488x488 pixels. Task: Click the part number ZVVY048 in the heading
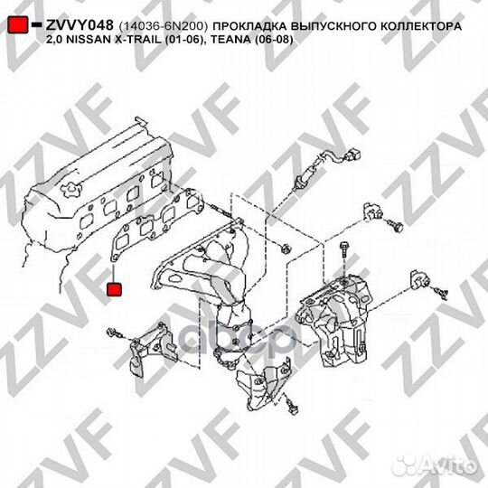(80, 25)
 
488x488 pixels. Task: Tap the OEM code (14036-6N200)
(163, 26)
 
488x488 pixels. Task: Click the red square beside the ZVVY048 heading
(18, 24)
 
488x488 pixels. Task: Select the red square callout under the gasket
(114, 289)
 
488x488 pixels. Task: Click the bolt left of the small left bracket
(114, 333)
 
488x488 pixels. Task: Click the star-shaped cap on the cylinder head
(72, 190)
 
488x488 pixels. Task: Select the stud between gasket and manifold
(221, 210)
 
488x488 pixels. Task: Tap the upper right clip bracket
(373, 212)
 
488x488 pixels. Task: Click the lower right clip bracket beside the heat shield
(419, 279)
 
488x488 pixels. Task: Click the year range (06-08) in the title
(273, 40)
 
